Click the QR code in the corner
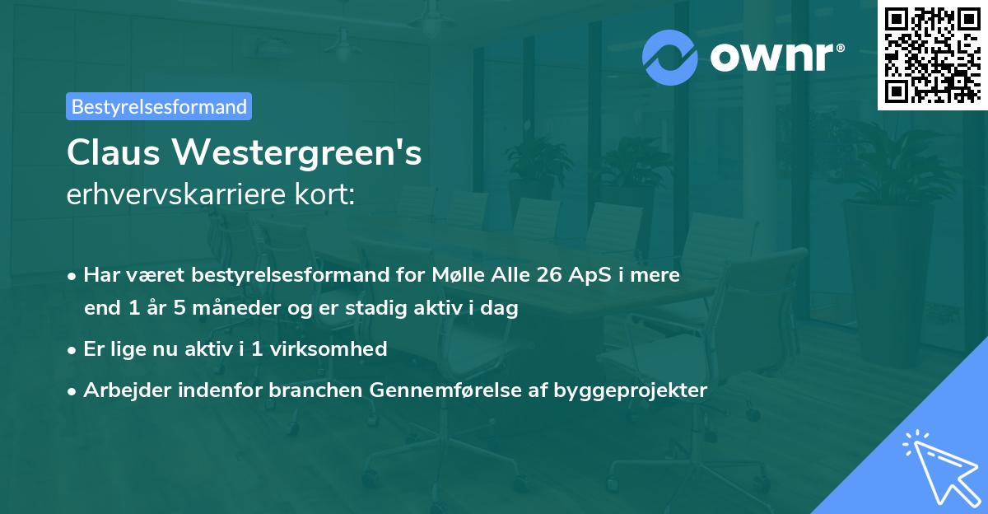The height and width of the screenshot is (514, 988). [x=933, y=54]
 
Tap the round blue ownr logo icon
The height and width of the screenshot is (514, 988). [x=670, y=58]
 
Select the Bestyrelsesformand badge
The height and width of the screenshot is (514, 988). [x=159, y=106]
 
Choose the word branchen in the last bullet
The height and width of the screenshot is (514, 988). [x=305, y=390]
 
